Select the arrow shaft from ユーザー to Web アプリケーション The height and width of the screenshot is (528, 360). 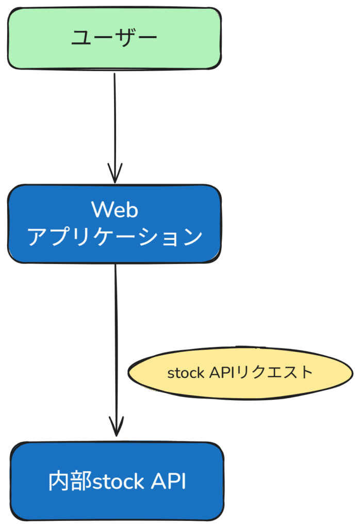[x=114, y=119]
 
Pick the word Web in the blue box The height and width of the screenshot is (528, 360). [x=114, y=210]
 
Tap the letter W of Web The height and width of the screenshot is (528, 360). [x=101, y=210]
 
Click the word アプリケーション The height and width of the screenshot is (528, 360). [x=114, y=237]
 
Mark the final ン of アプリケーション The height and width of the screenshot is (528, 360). [x=191, y=238]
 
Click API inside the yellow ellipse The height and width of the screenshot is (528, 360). [x=221, y=372]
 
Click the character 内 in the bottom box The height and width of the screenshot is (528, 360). [x=59, y=482]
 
